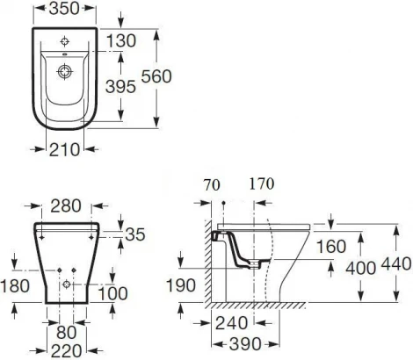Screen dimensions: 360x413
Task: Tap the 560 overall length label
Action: (179, 76)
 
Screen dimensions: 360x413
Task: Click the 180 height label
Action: (16, 286)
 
